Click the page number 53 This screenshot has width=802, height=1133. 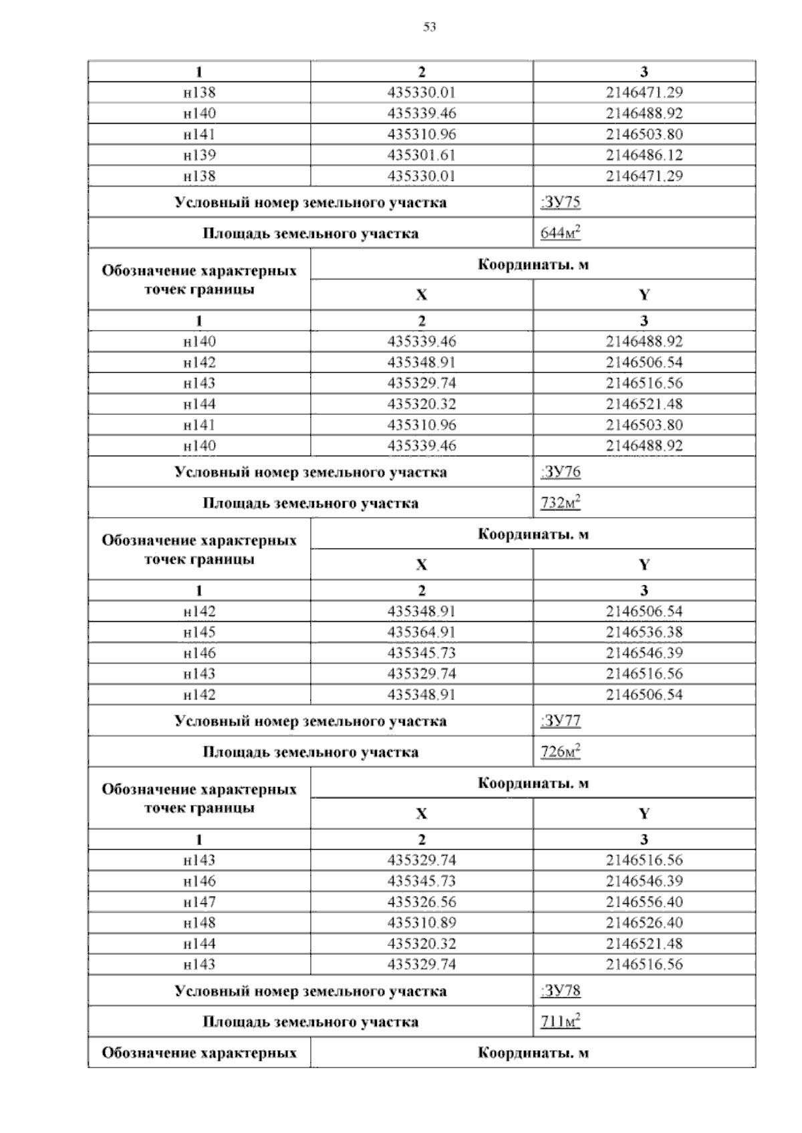(430, 27)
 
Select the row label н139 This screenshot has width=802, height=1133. (199, 155)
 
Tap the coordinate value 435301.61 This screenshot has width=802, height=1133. (421, 155)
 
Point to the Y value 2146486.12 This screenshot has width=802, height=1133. (644, 155)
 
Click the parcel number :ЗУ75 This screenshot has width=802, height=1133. (559, 202)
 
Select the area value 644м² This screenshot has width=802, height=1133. (559, 233)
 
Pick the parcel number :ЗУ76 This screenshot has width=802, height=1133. (559, 472)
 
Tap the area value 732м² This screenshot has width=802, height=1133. (559, 503)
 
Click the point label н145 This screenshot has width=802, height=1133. (199, 632)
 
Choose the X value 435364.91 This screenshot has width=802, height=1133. (421, 632)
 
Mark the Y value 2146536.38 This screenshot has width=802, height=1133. (644, 632)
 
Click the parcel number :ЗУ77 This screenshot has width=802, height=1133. (559, 721)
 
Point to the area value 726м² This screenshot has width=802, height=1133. (559, 752)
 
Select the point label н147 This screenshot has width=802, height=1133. (199, 902)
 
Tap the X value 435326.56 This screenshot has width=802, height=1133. (421, 902)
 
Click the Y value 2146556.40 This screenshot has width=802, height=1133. (644, 902)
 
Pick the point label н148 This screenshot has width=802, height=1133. (199, 923)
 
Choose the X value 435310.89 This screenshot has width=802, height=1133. (421, 923)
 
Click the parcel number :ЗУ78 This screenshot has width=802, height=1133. (559, 991)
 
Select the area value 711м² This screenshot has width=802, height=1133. (559, 1021)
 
